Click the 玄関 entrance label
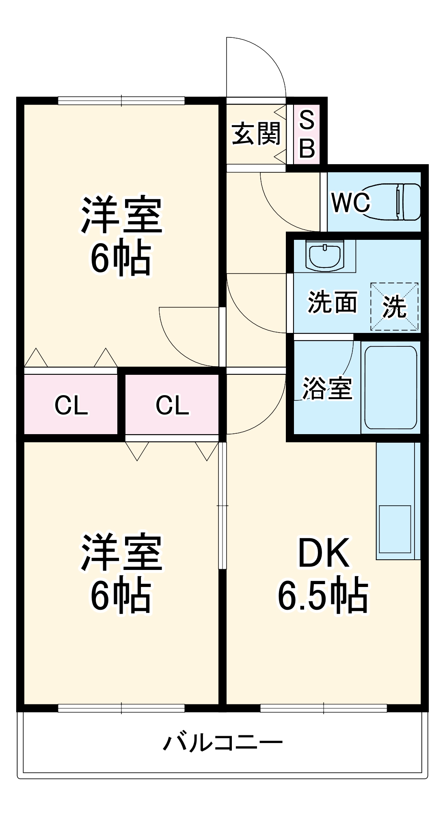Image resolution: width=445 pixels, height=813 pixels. pos(256,134)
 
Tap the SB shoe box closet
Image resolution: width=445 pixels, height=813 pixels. pos(307,134)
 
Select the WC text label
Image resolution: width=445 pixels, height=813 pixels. pos(350,202)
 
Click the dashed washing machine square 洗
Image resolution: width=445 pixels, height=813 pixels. pos(394,307)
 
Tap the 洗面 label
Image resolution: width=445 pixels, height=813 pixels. pos(332,302)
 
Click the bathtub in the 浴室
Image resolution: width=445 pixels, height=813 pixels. pos(391,387)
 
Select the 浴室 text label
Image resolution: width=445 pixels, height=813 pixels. pos(327,388)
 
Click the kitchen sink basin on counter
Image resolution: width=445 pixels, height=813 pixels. pos(395,529)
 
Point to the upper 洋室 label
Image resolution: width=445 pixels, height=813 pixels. pos(121,215)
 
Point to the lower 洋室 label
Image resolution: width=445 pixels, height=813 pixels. pos(121,553)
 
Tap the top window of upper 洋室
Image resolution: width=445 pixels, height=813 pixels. pos(121,100)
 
